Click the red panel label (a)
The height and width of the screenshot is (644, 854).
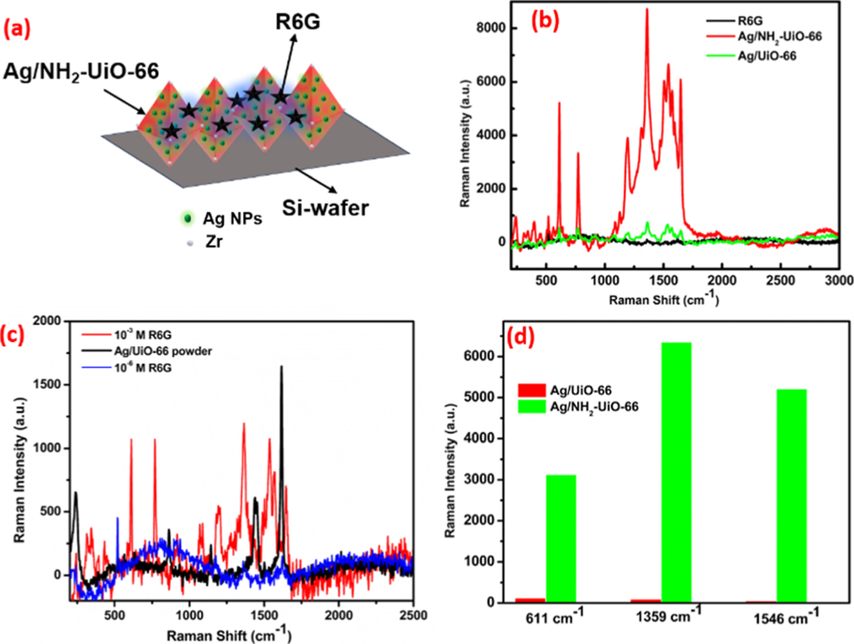(x=17, y=29)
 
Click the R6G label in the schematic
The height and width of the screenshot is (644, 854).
(x=298, y=22)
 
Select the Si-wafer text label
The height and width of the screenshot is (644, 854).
(x=325, y=208)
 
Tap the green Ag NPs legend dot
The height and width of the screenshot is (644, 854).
(x=187, y=218)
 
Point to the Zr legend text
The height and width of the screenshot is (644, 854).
(x=214, y=241)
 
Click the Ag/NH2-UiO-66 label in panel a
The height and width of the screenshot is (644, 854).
(x=81, y=72)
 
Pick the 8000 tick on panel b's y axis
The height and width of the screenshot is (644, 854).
(x=491, y=28)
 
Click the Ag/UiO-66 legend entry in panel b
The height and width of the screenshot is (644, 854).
(x=766, y=56)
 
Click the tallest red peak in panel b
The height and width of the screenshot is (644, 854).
(x=647, y=10)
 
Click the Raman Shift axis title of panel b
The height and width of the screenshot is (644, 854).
(x=664, y=299)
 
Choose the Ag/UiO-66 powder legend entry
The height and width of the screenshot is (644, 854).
(x=163, y=351)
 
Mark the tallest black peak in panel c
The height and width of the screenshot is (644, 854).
(x=281, y=367)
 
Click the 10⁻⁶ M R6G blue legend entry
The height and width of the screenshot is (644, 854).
(x=142, y=368)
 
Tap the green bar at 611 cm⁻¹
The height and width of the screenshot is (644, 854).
(x=561, y=539)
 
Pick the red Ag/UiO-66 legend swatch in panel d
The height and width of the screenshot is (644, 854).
(x=531, y=390)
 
